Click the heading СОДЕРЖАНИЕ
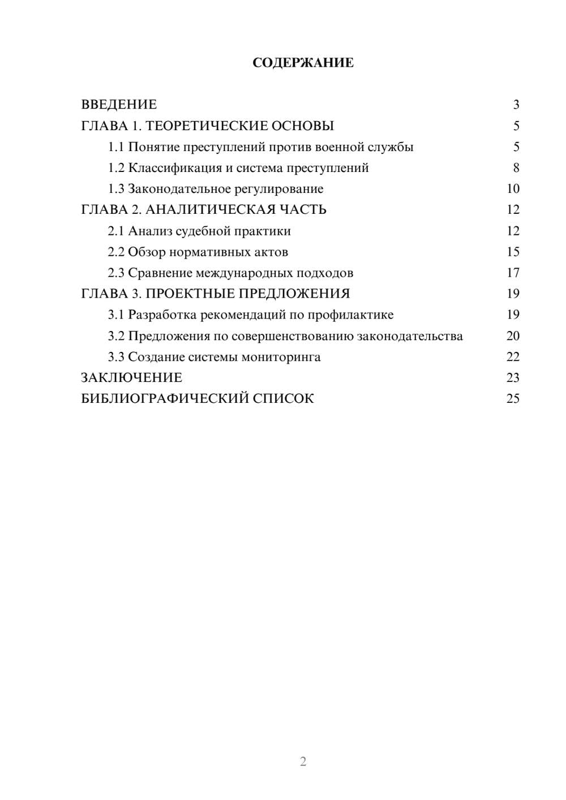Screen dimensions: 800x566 coord(303,63)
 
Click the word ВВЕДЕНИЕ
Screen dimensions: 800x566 coord(119,105)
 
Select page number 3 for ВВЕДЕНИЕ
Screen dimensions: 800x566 coord(516,105)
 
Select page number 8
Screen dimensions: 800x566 coord(516,168)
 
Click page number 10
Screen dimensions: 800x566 coord(513,189)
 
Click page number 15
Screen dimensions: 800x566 coord(513,252)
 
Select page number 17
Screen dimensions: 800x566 coord(513,273)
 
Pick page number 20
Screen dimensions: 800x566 coord(513,336)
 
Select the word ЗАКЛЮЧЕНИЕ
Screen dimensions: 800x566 coord(132,378)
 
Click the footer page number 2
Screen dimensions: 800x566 coord(303,762)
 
